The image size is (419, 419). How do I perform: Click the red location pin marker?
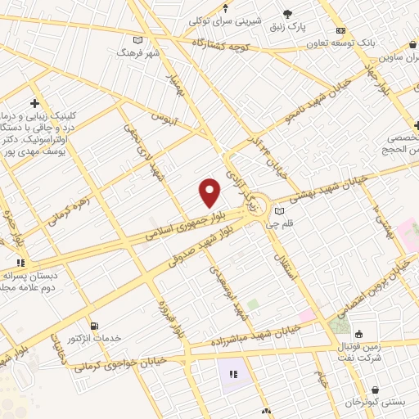tap(210, 192)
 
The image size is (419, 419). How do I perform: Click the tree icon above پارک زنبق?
tap(287, 13)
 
